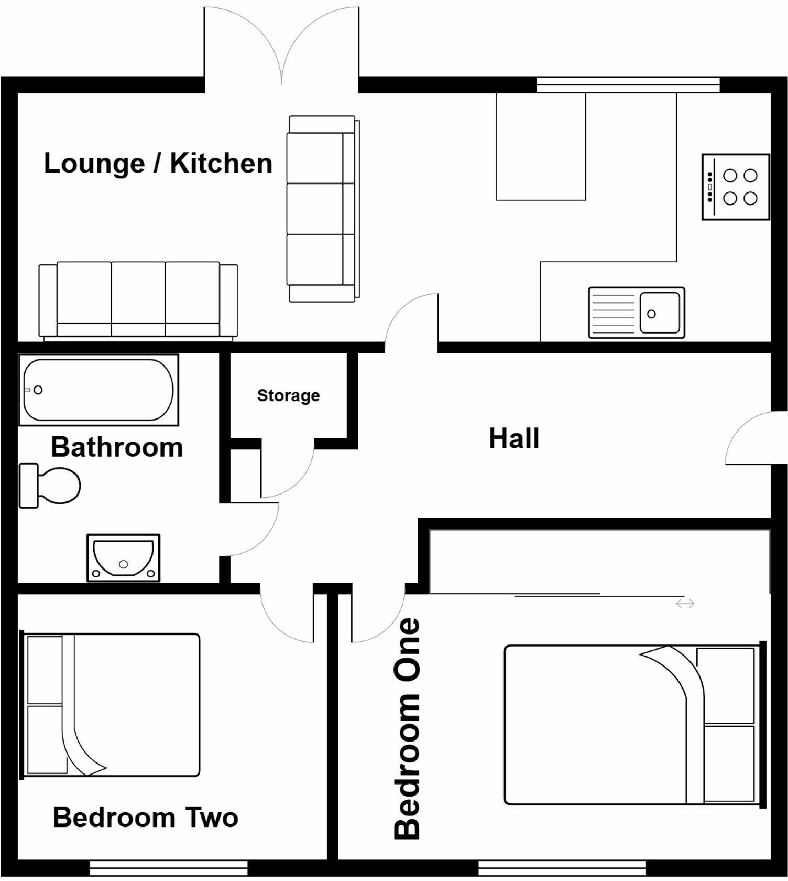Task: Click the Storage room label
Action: click(x=288, y=395)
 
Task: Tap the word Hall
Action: click(x=513, y=438)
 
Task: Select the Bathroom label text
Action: click(x=117, y=447)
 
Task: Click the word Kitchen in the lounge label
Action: click(x=221, y=163)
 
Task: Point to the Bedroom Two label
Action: click(x=146, y=818)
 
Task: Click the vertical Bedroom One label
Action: click(x=407, y=728)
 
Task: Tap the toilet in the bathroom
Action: click(x=50, y=486)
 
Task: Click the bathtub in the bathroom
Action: click(x=98, y=390)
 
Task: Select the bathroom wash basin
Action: click(x=123, y=558)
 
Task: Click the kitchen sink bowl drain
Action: click(x=651, y=314)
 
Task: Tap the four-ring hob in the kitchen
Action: click(x=736, y=187)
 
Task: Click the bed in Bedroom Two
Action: click(x=111, y=705)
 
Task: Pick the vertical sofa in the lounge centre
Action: click(x=322, y=209)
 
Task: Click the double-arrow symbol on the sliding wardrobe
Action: click(x=685, y=604)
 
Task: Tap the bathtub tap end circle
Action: click(x=38, y=390)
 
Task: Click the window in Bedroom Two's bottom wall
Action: click(x=168, y=866)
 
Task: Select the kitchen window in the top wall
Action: click(x=628, y=84)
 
